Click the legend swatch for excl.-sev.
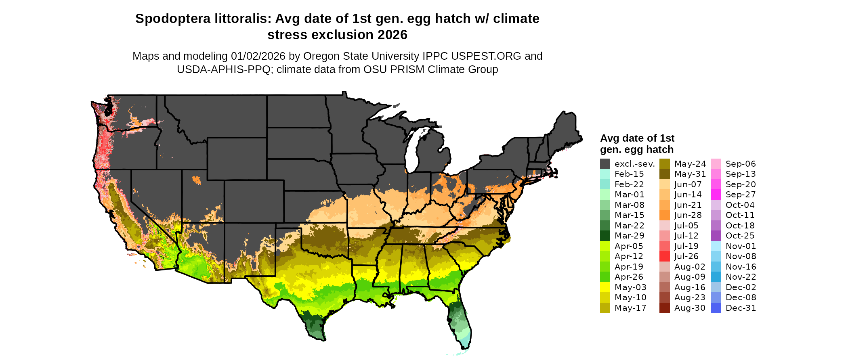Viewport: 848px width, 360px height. [x=605, y=164]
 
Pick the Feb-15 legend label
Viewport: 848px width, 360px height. [x=629, y=174]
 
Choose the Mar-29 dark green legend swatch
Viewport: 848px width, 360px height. [x=605, y=236]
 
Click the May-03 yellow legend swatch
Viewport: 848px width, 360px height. [x=605, y=287]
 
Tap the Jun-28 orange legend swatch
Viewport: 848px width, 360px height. [x=665, y=215]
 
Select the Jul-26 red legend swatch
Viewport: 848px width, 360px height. [x=665, y=256]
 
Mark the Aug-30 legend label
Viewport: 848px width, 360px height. [x=690, y=308]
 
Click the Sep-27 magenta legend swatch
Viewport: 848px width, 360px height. [x=716, y=195]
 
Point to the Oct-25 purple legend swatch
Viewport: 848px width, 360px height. [x=716, y=236]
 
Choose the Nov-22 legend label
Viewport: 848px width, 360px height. [x=741, y=277]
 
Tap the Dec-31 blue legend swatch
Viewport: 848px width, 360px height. [x=716, y=308]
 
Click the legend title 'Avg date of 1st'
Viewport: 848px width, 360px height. [x=637, y=138]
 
